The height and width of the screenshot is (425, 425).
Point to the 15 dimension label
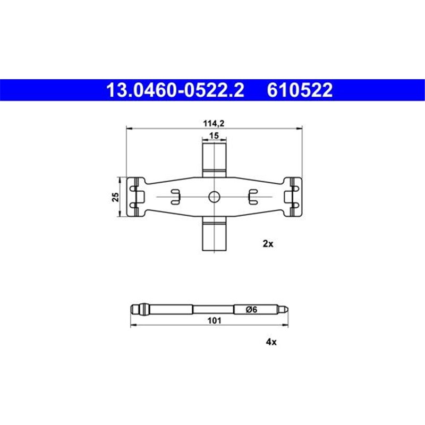pyautogui.click(x=214, y=136)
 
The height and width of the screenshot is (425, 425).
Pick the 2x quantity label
pyautogui.click(x=268, y=244)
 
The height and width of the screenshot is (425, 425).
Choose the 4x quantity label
pyautogui.click(x=271, y=342)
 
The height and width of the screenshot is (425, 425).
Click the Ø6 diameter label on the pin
pyautogui.click(x=252, y=310)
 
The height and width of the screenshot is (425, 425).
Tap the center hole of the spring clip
pyautogui.click(x=214, y=197)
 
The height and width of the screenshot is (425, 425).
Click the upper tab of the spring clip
pyautogui.click(x=214, y=156)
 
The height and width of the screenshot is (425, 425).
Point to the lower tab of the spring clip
pyautogui.click(x=214, y=236)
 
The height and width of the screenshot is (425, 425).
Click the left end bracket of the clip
pyautogui.click(x=137, y=197)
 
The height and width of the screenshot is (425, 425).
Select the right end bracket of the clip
pyautogui.click(x=292, y=197)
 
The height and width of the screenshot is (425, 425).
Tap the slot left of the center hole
pyautogui.click(x=175, y=197)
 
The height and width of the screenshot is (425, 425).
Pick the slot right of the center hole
pyautogui.click(x=253, y=197)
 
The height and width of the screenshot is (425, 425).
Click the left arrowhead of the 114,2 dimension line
pyautogui.click(x=127, y=127)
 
